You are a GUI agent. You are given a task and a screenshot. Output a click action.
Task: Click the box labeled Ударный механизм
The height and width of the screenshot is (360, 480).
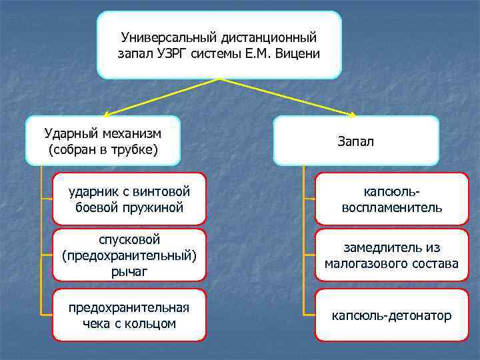pos(103,141)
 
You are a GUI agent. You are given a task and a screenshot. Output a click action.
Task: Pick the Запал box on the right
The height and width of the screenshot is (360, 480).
pos(356,141)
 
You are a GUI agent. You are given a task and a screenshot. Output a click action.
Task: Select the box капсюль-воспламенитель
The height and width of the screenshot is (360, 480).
pos(391,199)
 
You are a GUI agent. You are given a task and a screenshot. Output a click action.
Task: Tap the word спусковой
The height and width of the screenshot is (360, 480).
pos(129,239)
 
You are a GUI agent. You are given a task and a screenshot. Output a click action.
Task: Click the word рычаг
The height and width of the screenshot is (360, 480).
pos(129,271)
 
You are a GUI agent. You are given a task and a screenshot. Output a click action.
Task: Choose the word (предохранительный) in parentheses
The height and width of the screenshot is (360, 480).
pos(129,255)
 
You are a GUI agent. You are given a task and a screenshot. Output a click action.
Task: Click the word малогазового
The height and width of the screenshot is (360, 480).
pos(365,264)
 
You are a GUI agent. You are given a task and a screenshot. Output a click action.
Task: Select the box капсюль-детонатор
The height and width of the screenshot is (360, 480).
pos(391,315)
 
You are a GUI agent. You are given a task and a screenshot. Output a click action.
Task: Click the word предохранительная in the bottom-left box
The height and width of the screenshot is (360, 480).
pos(129,307)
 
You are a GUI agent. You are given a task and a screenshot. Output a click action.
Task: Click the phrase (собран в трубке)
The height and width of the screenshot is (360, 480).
pos(103,149)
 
